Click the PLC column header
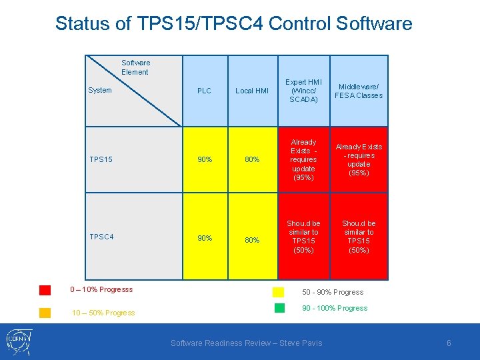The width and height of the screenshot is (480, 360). (x=204, y=91)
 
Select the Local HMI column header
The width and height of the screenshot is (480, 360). (x=253, y=91)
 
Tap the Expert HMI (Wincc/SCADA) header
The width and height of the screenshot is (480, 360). (x=303, y=91)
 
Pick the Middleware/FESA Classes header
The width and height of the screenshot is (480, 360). (x=359, y=91)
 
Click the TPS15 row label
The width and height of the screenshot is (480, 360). (x=101, y=159)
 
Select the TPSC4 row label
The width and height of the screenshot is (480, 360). (x=101, y=237)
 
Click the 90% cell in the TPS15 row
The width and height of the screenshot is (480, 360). (x=204, y=159)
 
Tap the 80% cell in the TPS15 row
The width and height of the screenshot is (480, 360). (x=252, y=159)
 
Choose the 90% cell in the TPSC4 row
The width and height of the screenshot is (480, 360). (x=204, y=238)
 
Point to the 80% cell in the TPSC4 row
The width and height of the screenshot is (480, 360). (x=252, y=240)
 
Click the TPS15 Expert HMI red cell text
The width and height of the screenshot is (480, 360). (x=303, y=160)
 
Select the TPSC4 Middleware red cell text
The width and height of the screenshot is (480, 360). (x=359, y=237)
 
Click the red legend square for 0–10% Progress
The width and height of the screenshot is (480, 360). (x=45, y=290)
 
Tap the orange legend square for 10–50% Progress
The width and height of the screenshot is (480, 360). (x=45, y=313)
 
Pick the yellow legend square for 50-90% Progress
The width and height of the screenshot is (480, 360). (x=279, y=292)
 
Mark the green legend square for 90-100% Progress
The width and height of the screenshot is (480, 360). (x=279, y=308)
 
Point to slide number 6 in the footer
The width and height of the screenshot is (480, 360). (x=449, y=343)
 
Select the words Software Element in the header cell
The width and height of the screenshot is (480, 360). (x=135, y=67)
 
